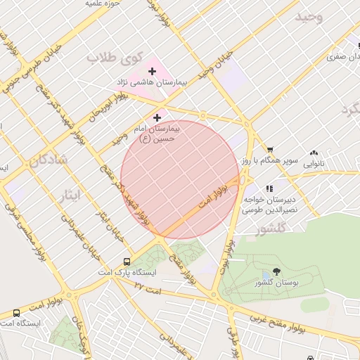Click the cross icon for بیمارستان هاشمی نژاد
point(152,71)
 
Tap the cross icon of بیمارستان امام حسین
point(157,117)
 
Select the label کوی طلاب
point(115,58)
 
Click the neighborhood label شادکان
point(49,160)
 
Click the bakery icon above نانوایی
point(313,152)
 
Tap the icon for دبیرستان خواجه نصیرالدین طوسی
point(269,188)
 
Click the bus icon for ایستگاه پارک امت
point(127,260)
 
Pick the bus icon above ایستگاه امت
point(16,313)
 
